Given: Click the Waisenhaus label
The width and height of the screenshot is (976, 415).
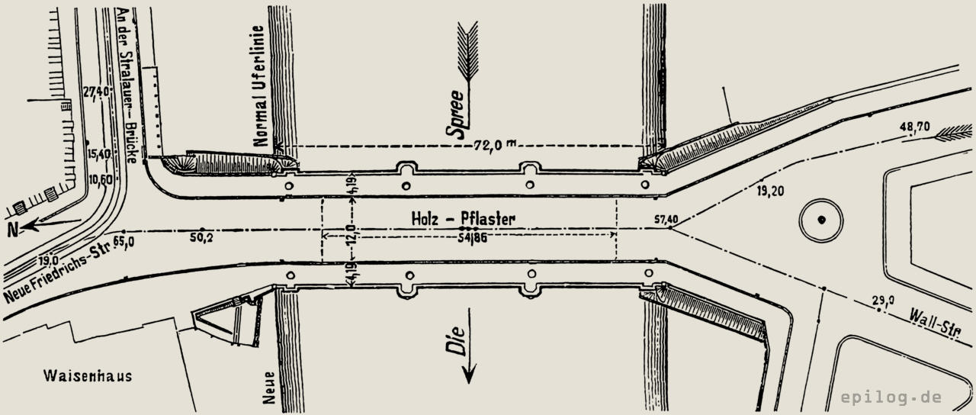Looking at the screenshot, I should click(88, 376).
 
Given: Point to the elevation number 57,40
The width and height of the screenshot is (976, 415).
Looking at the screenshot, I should click(666, 220).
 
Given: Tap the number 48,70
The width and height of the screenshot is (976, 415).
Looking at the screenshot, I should click(914, 127).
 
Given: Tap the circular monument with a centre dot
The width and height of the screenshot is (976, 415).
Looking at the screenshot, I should click(821, 220).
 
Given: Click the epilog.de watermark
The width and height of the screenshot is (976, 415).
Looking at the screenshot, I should click(891, 397).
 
